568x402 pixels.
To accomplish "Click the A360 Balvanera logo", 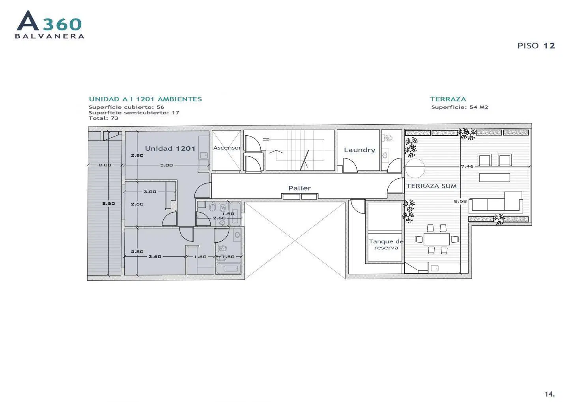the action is tap(50, 24).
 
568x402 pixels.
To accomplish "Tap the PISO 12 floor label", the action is tap(536, 46).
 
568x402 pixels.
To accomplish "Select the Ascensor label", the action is tap(227, 148).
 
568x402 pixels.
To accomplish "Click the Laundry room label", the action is tap(359, 150).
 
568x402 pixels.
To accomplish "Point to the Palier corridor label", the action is tap(299, 188).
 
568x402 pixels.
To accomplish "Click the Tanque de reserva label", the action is tap(386, 245).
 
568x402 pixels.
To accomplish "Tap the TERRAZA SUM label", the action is tap(432, 186).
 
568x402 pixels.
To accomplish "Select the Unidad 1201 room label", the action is tap(170, 148).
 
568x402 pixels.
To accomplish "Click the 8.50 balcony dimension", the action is tap(108, 204).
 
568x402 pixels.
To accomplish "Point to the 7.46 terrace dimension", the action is tap(467, 166).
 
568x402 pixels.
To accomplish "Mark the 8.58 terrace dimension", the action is tap(460, 201).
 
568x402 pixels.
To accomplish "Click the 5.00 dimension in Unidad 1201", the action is tap(166, 165).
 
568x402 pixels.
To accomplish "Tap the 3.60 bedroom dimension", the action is tap(155, 257).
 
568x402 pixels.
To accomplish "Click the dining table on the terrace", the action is tap(437, 239).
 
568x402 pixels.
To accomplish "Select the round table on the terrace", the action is tap(415, 168).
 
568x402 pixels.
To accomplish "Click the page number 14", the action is tap(550, 394).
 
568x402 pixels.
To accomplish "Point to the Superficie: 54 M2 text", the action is tap(460, 107).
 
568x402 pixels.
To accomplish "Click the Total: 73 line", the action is tap(103, 118).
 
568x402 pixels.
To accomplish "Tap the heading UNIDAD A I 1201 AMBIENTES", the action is tap(145, 99).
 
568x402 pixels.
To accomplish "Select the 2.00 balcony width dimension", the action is tap(105, 165).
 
